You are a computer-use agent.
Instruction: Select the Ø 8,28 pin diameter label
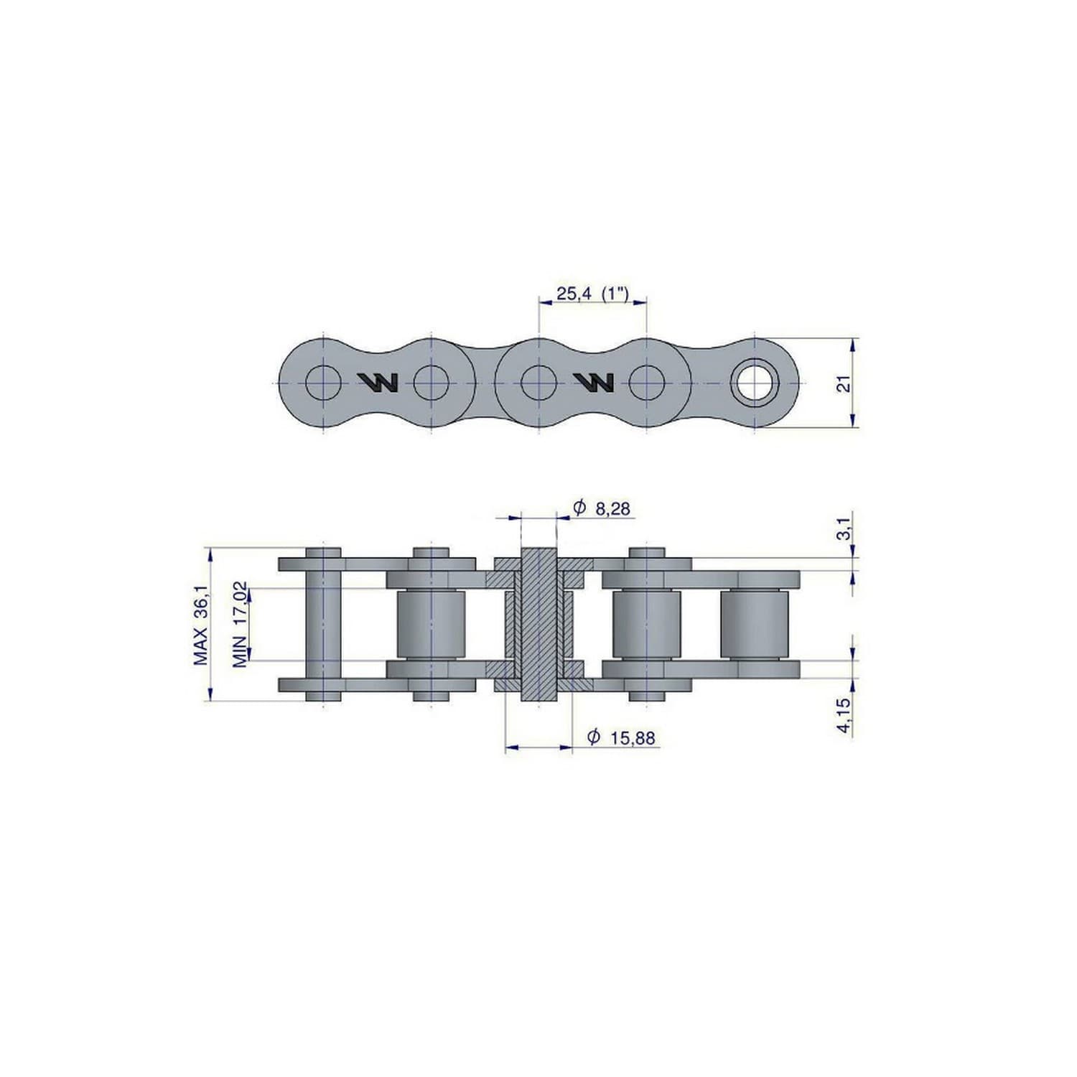point(601,508)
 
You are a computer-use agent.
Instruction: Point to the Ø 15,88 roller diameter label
point(621,737)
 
